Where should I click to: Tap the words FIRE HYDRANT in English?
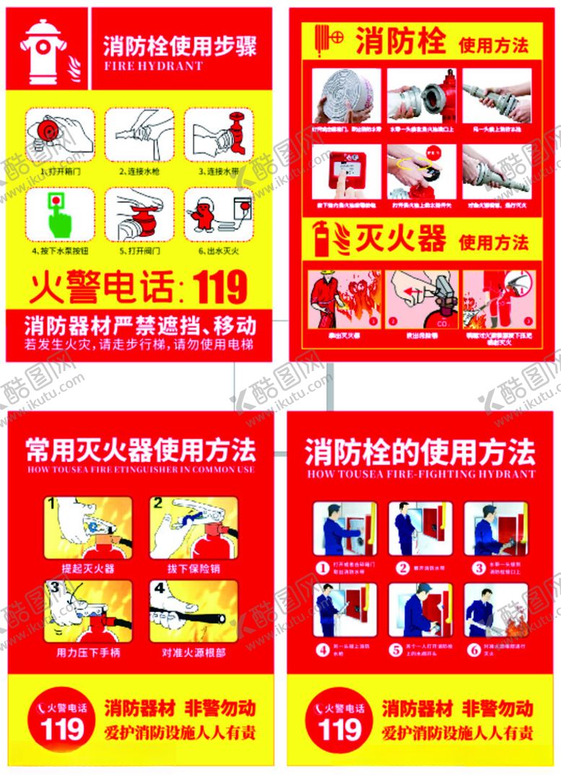[x=153, y=66]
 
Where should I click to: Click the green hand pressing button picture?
[x=60, y=214]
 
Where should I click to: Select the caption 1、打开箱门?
[x=59, y=173]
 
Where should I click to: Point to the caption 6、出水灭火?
[x=219, y=252]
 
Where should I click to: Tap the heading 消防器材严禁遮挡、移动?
[x=139, y=324]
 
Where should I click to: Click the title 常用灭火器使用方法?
[x=140, y=450]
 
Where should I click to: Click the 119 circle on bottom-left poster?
[x=62, y=723]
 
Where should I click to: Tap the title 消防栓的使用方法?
[x=420, y=452]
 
